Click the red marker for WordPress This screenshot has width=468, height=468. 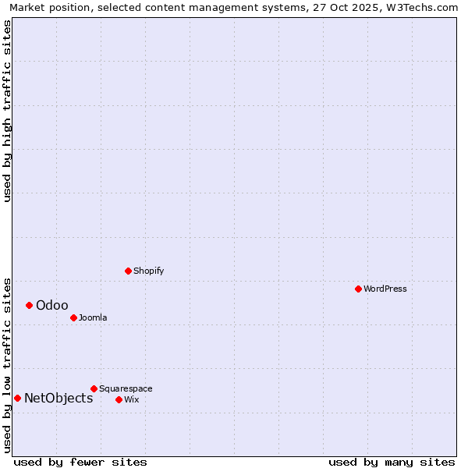tap(358, 289)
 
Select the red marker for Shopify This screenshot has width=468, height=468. tap(128, 271)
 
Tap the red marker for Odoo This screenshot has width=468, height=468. tap(29, 305)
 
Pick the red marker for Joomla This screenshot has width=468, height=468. tap(73, 317)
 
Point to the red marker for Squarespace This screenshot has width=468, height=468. tap(94, 388)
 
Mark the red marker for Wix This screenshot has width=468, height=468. tap(119, 399)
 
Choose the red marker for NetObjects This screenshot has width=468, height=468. tap(17, 398)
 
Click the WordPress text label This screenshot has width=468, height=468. tap(385, 289)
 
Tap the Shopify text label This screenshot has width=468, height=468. tap(148, 271)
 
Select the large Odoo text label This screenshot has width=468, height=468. tap(52, 305)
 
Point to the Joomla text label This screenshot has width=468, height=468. tap(93, 317)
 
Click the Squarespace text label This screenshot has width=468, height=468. tap(126, 388)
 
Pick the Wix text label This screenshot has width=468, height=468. tap(132, 399)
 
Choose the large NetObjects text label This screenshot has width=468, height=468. tap(58, 398)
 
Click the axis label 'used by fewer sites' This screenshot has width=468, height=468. tap(80, 462)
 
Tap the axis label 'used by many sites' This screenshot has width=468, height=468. tap(392, 462)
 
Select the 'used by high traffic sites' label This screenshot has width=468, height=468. tap(7, 111)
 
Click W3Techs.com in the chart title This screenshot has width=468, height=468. tap(422, 7)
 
